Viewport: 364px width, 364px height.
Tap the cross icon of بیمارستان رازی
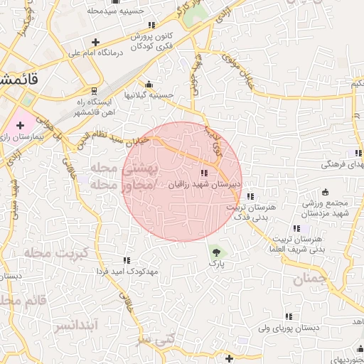pyautogui.click(x=20, y=125)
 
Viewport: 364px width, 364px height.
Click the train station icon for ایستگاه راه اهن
pyautogui.click(x=95, y=90)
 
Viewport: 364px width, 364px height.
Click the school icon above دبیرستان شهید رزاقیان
pyautogui.click(x=204, y=173)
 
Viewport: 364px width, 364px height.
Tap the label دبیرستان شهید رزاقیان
pyautogui.click(x=205, y=183)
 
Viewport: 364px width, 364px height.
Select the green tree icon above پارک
pyautogui.click(x=215, y=251)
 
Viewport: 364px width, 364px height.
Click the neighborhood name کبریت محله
pyautogui.click(x=55, y=253)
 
